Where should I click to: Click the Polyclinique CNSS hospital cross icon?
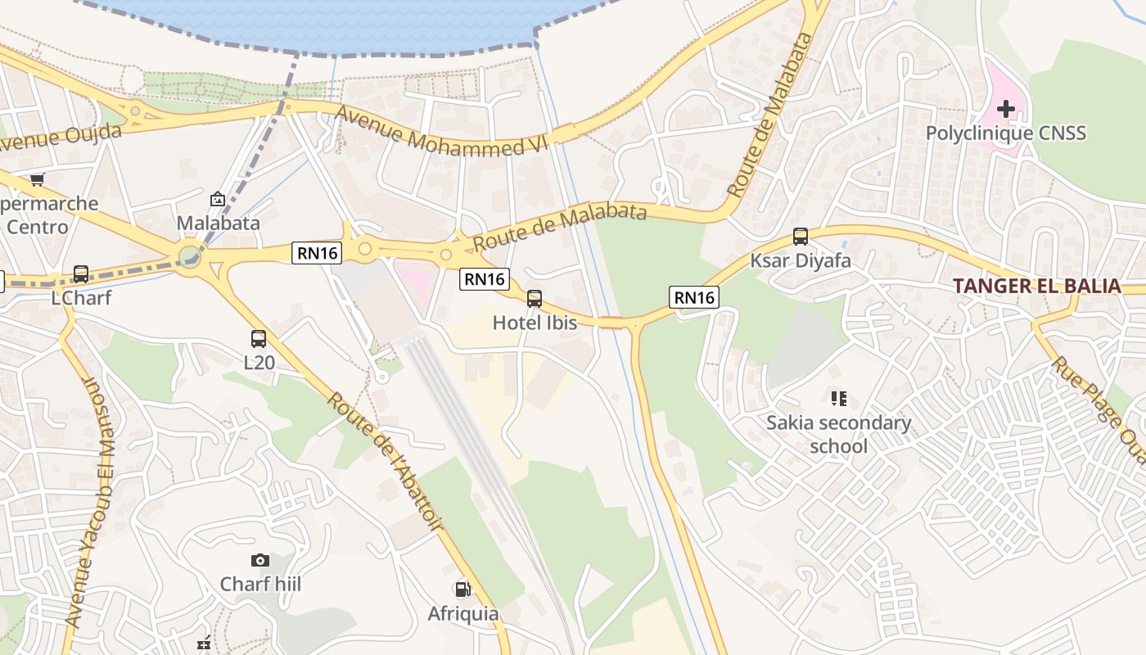1005,109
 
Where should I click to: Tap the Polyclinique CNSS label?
1005,133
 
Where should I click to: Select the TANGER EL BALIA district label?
1036,286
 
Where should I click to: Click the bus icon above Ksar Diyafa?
801,237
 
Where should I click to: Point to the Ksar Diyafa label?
801,260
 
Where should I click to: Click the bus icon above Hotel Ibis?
535,299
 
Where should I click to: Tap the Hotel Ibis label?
535,323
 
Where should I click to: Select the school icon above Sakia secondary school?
838,399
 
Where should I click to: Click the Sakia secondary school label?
838,435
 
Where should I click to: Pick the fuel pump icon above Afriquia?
462,589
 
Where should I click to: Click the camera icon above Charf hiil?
260,560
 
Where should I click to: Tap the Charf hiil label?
260,584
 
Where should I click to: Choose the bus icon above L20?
259,338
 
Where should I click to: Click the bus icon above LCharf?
81,274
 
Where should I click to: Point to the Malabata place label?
218,223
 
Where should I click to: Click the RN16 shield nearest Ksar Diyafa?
694,297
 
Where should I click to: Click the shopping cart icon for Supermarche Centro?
37,179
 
